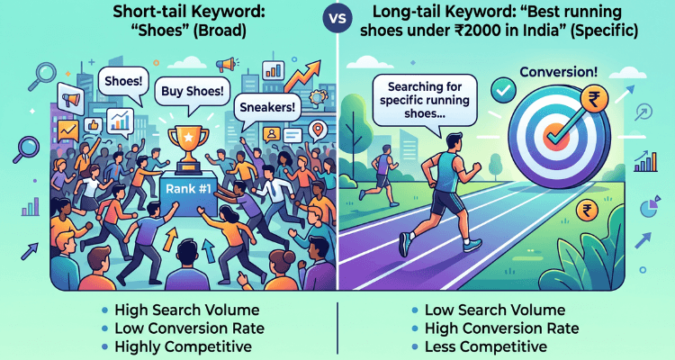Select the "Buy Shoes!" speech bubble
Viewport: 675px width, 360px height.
coord(193,90)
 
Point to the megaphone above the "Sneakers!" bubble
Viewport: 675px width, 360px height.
coord(225,65)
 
